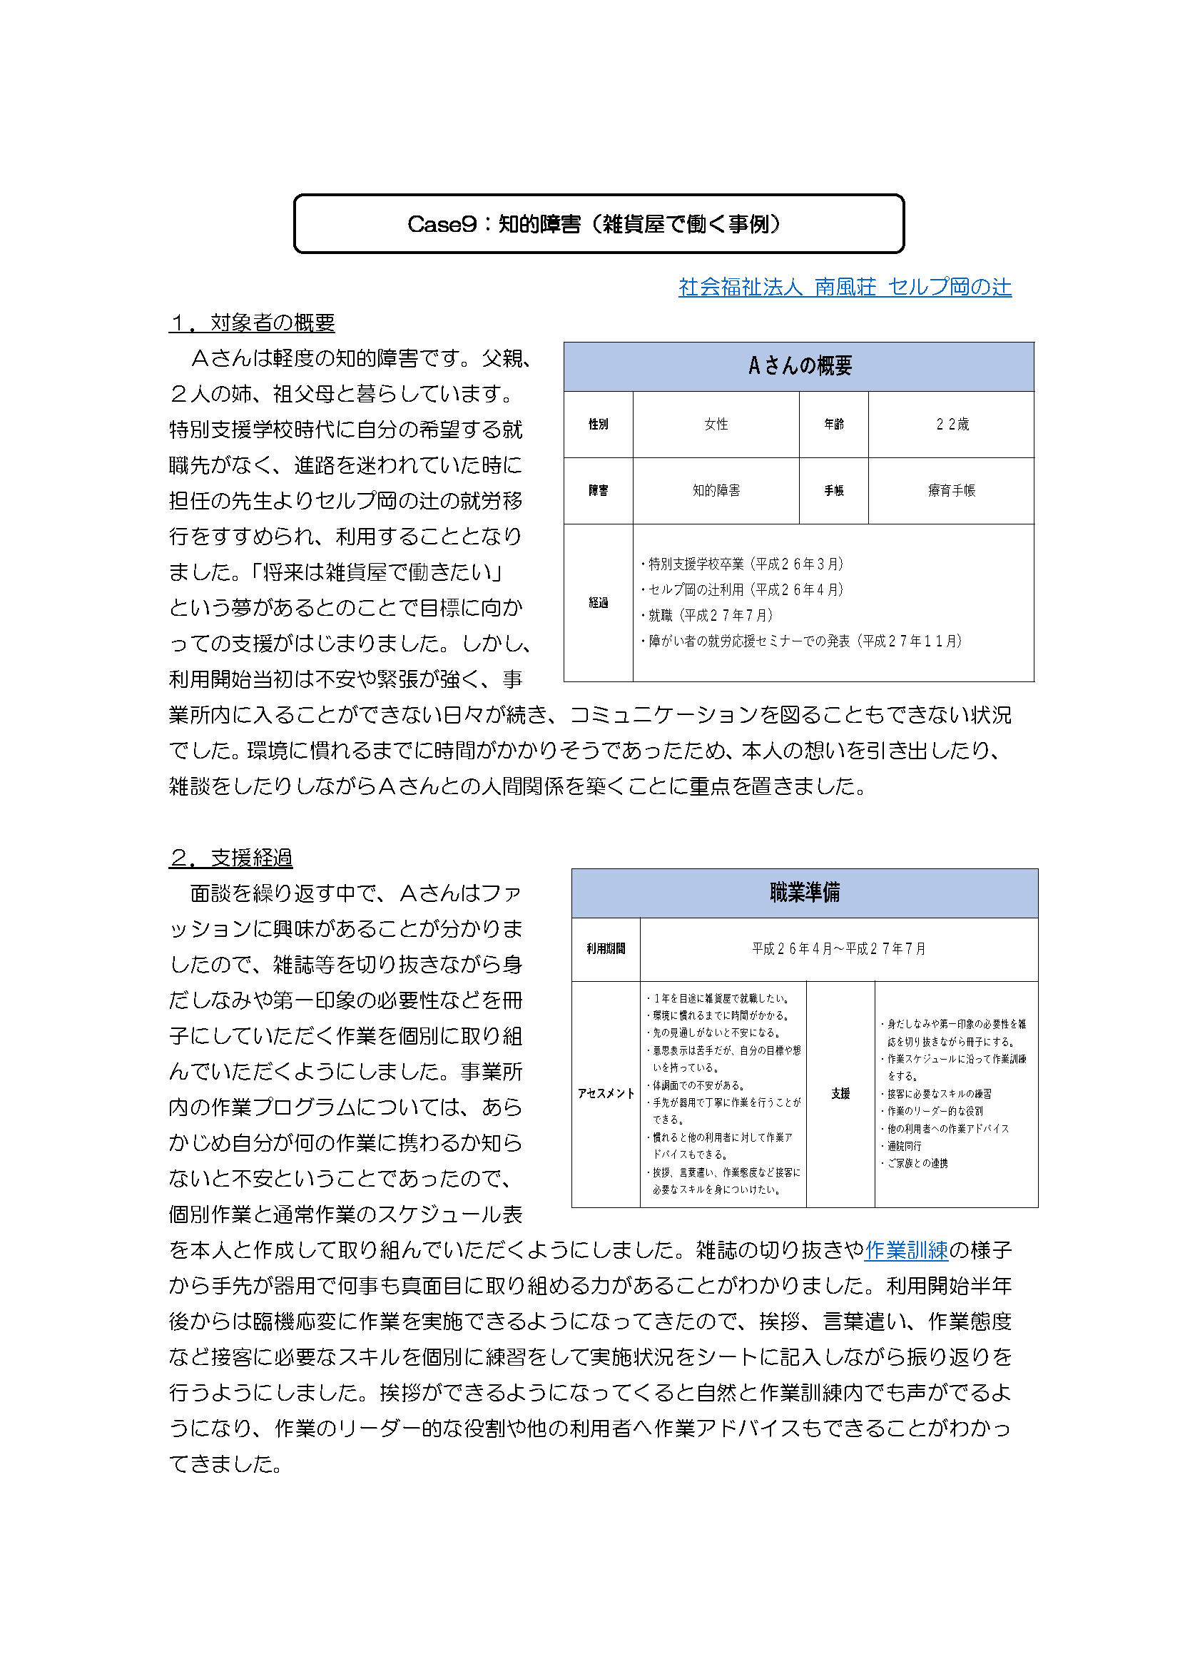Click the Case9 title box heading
click(598, 224)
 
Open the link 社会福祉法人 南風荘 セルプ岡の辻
click(844, 287)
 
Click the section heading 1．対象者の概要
click(251, 322)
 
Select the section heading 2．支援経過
click(230, 858)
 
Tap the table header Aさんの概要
click(798, 365)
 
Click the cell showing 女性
click(716, 424)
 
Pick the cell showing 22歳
click(951, 424)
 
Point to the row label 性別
click(598, 424)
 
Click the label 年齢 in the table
click(833, 424)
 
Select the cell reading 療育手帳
click(951, 491)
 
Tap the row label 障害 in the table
click(598, 491)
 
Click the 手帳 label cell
click(833, 491)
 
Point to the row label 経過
click(598, 603)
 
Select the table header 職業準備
click(804, 893)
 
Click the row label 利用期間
click(605, 948)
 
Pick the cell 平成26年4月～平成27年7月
click(838, 948)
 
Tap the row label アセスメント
click(605, 1093)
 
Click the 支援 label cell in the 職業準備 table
click(840, 1093)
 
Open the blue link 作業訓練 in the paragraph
click(906, 1249)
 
